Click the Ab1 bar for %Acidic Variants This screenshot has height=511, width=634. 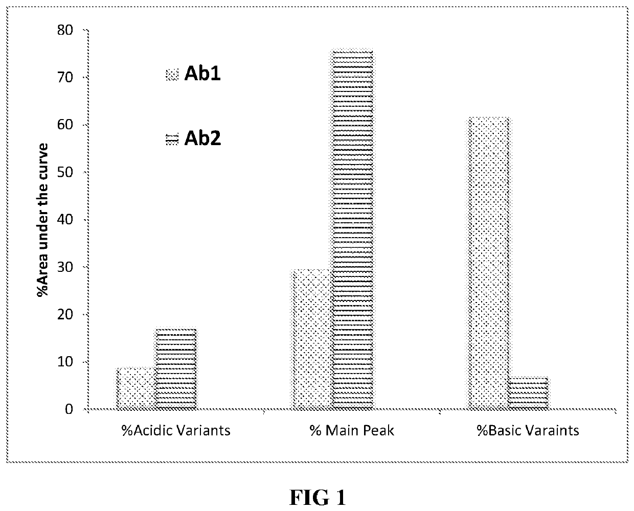(x=136, y=388)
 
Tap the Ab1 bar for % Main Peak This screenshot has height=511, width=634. (x=312, y=339)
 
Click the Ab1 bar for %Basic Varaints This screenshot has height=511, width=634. (x=488, y=263)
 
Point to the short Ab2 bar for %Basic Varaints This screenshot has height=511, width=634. (x=528, y=393)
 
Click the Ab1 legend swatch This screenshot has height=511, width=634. (x=172, y=75)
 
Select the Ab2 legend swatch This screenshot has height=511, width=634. (x=172, y=138)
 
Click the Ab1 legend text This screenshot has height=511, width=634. (x=202, y=74)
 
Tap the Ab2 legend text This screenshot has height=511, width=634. (x=202, y=138)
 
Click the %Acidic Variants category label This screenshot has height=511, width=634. (x=175, y=430)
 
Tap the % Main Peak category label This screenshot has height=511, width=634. (x=352, y=430)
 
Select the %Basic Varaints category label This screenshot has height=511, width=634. (x=528, y=430)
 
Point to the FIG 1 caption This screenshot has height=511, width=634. (x=318, y=497)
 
